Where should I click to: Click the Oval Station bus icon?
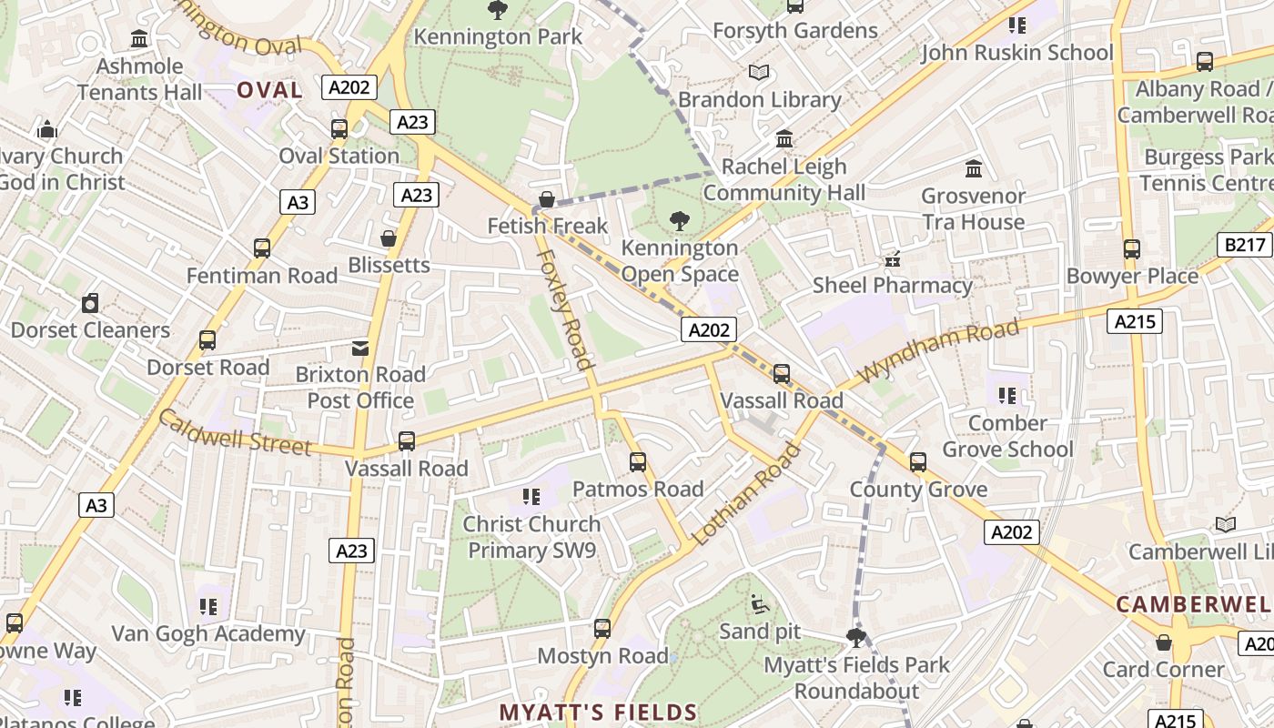pyautogui.click(x=339, y=128)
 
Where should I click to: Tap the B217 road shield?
pyautogui.click(x=1244, y=245)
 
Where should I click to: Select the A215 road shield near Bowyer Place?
pyautogui.click(x=1135, y=320)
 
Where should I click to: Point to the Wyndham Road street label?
pyautogui.click(x=938, y=349)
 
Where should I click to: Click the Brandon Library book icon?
pyautogui.click(x=759, y=72)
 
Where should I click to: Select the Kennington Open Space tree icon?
pyautogui.click(x=679, y=219)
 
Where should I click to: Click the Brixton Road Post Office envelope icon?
pyautogui.click(x=360, y=348)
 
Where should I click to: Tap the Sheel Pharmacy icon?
pyautogui.click(x=893, y=258)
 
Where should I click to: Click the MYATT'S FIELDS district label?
pyautogui.click(x=598, y=713)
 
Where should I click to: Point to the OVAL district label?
pyautogui.click(x=269, y=90)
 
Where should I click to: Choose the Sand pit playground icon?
pyautogui.click(x=759, y=603)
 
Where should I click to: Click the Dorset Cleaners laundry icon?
pyautogui.click(x=90, y=303)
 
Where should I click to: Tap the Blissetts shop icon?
pyautogui.click(x=389, y=238)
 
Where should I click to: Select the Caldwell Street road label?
pyautogui.click(x=235, y=432)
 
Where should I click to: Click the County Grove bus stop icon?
pyautogui.click(x=918, y=462)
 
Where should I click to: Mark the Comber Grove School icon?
pyautogui.click(x=1006, y=396)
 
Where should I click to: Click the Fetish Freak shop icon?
pyautogui.click(x=547, y=198)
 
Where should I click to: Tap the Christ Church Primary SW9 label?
pyautogui.click(x=531, y=537)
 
